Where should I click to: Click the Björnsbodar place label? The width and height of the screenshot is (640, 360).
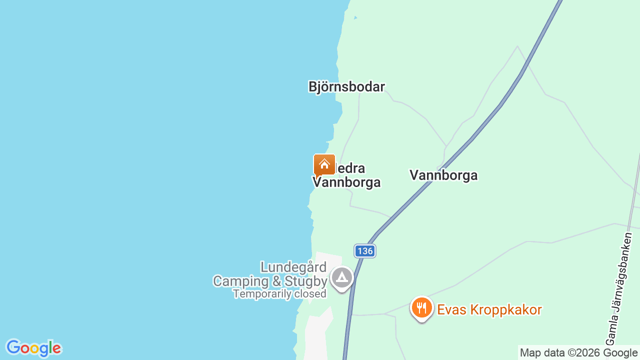pos(346,87)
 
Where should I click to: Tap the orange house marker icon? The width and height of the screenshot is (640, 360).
pos(324,165)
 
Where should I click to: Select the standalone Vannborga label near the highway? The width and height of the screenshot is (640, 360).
pos(443,175)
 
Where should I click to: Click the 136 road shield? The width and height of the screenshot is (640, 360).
pos(365,251)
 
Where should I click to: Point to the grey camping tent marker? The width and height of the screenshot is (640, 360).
pos(342,277)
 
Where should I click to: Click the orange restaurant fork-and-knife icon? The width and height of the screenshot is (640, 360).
pos(422,308)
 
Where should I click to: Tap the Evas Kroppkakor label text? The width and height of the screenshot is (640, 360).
pos(489,310)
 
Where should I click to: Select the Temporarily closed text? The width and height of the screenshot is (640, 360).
pos(279,294)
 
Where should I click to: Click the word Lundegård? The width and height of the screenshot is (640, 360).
pos(293,267)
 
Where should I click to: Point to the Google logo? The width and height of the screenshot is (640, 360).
pos(33,348)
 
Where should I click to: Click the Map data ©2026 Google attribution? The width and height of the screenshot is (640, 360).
pos(578,353)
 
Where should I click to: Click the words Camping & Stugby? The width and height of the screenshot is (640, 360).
pos(270,281)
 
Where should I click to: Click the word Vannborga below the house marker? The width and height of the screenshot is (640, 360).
pos(347,182)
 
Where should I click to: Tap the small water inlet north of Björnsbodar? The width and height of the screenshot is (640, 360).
pos(355,18)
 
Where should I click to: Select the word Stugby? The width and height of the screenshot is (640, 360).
pos(306,281)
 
